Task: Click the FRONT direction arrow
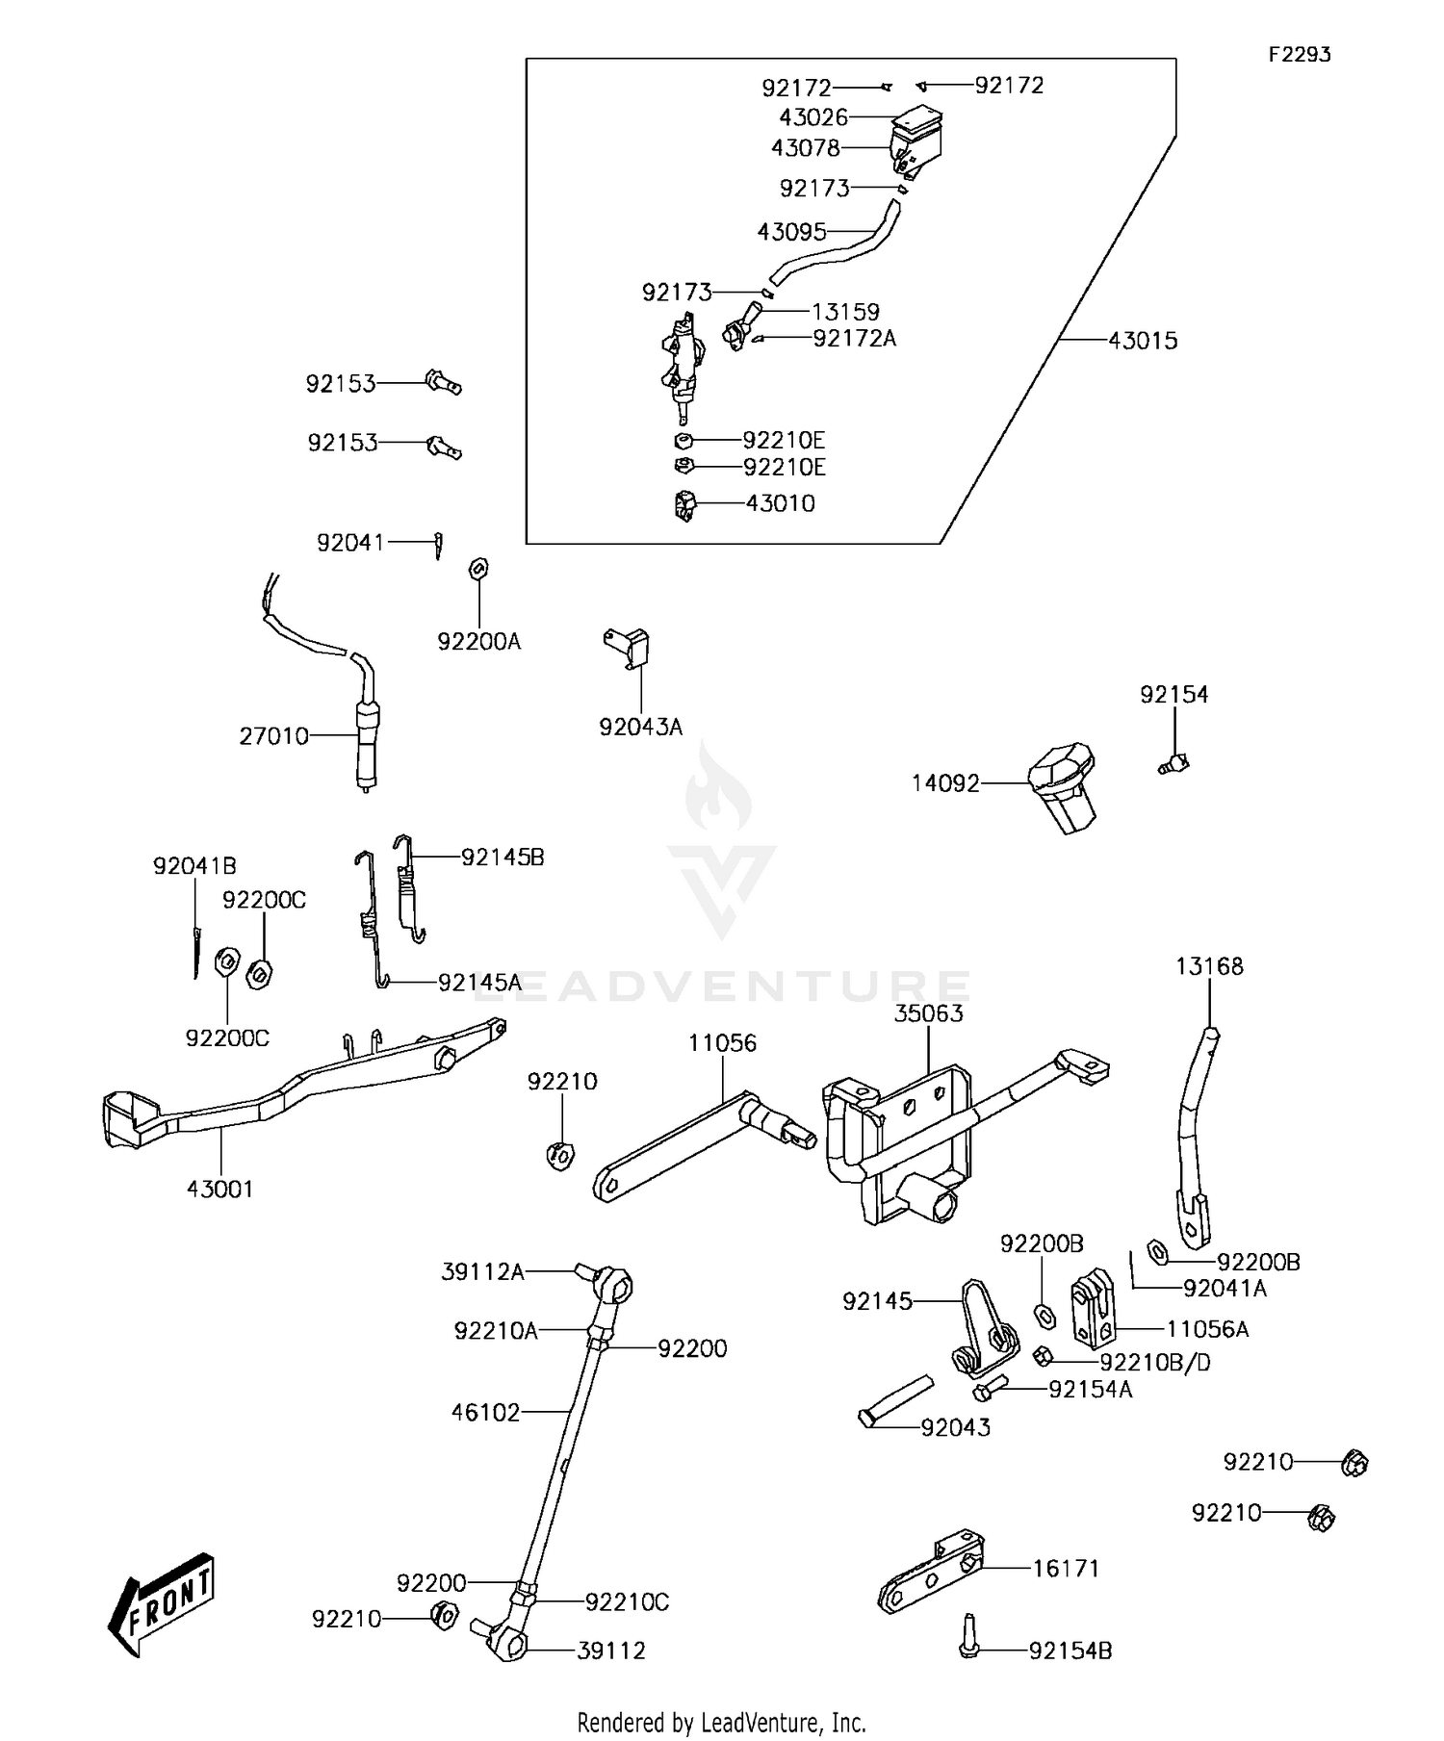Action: point(162,1603)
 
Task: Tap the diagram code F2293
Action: point(1299,55)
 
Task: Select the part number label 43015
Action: point(1143,341)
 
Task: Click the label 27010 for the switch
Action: point(274,736)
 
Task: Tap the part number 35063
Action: point(928,1013)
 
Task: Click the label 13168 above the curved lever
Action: point(1209,966)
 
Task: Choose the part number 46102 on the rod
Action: point(485,1412)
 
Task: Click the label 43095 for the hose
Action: point(791,232)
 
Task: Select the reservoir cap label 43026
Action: point(813,117)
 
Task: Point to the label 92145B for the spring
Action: point(503,857)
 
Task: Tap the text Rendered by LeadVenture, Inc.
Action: point(721,1722)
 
